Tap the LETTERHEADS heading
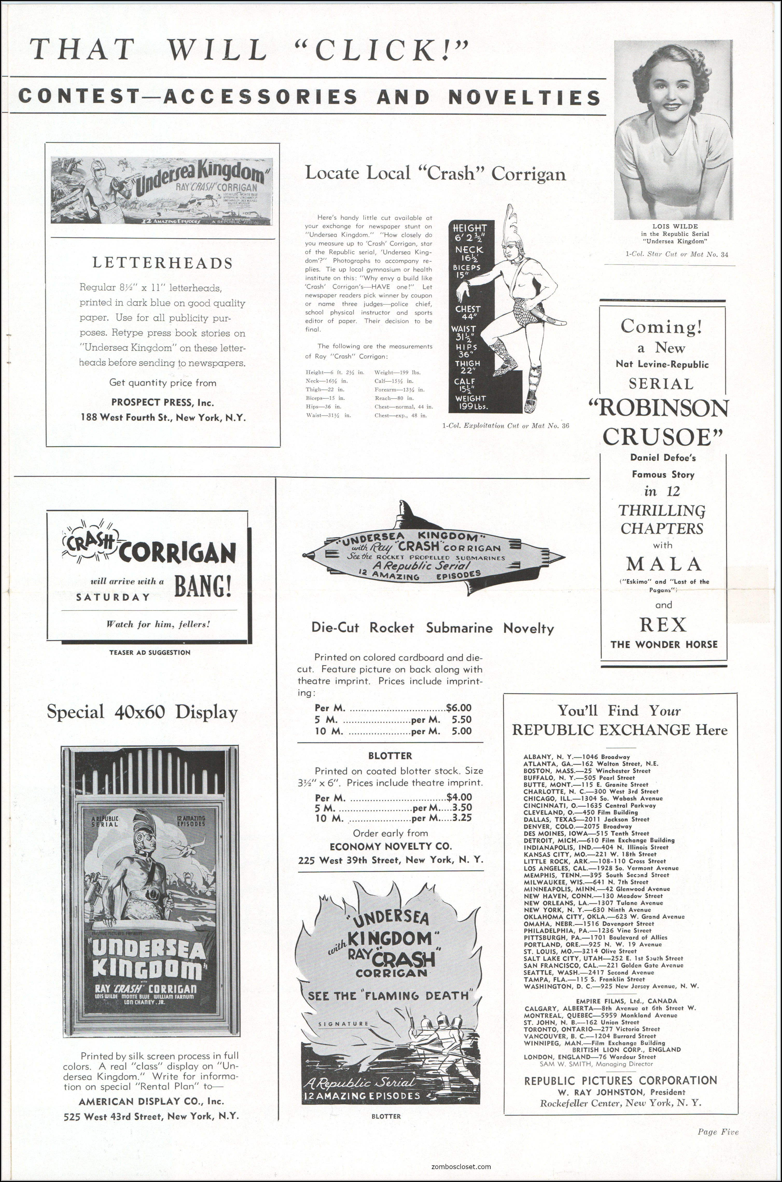(163, 263)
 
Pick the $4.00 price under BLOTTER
(459, 797)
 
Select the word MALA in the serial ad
(664, 564)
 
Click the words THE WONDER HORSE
(664, 644)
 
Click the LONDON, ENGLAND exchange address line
(590, 1056)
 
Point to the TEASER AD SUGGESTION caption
(150, 652)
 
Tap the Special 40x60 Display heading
(142, 712)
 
